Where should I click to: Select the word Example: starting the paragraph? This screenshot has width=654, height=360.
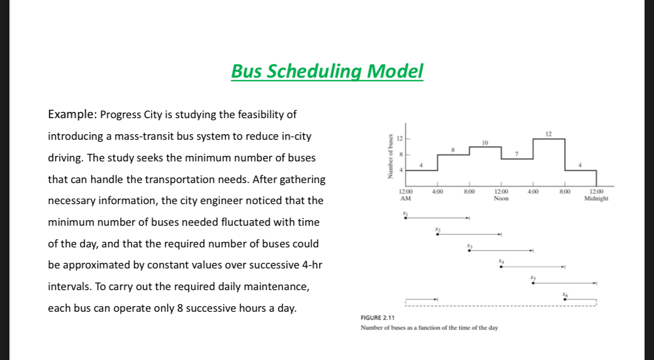(72, 115)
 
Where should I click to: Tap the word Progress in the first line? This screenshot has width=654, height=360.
(120, 115)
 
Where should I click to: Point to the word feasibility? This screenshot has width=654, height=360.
(267, 115)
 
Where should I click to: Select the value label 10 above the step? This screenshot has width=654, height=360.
(485, 143)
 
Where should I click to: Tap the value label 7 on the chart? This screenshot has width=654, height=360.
(516, 154)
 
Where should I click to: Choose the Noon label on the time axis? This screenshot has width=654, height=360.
(501, 199)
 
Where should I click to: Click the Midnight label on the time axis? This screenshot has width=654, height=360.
(596, 199)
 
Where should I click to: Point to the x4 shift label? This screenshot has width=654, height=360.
(501, 260)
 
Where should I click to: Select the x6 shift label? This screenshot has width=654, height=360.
(565, 293)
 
